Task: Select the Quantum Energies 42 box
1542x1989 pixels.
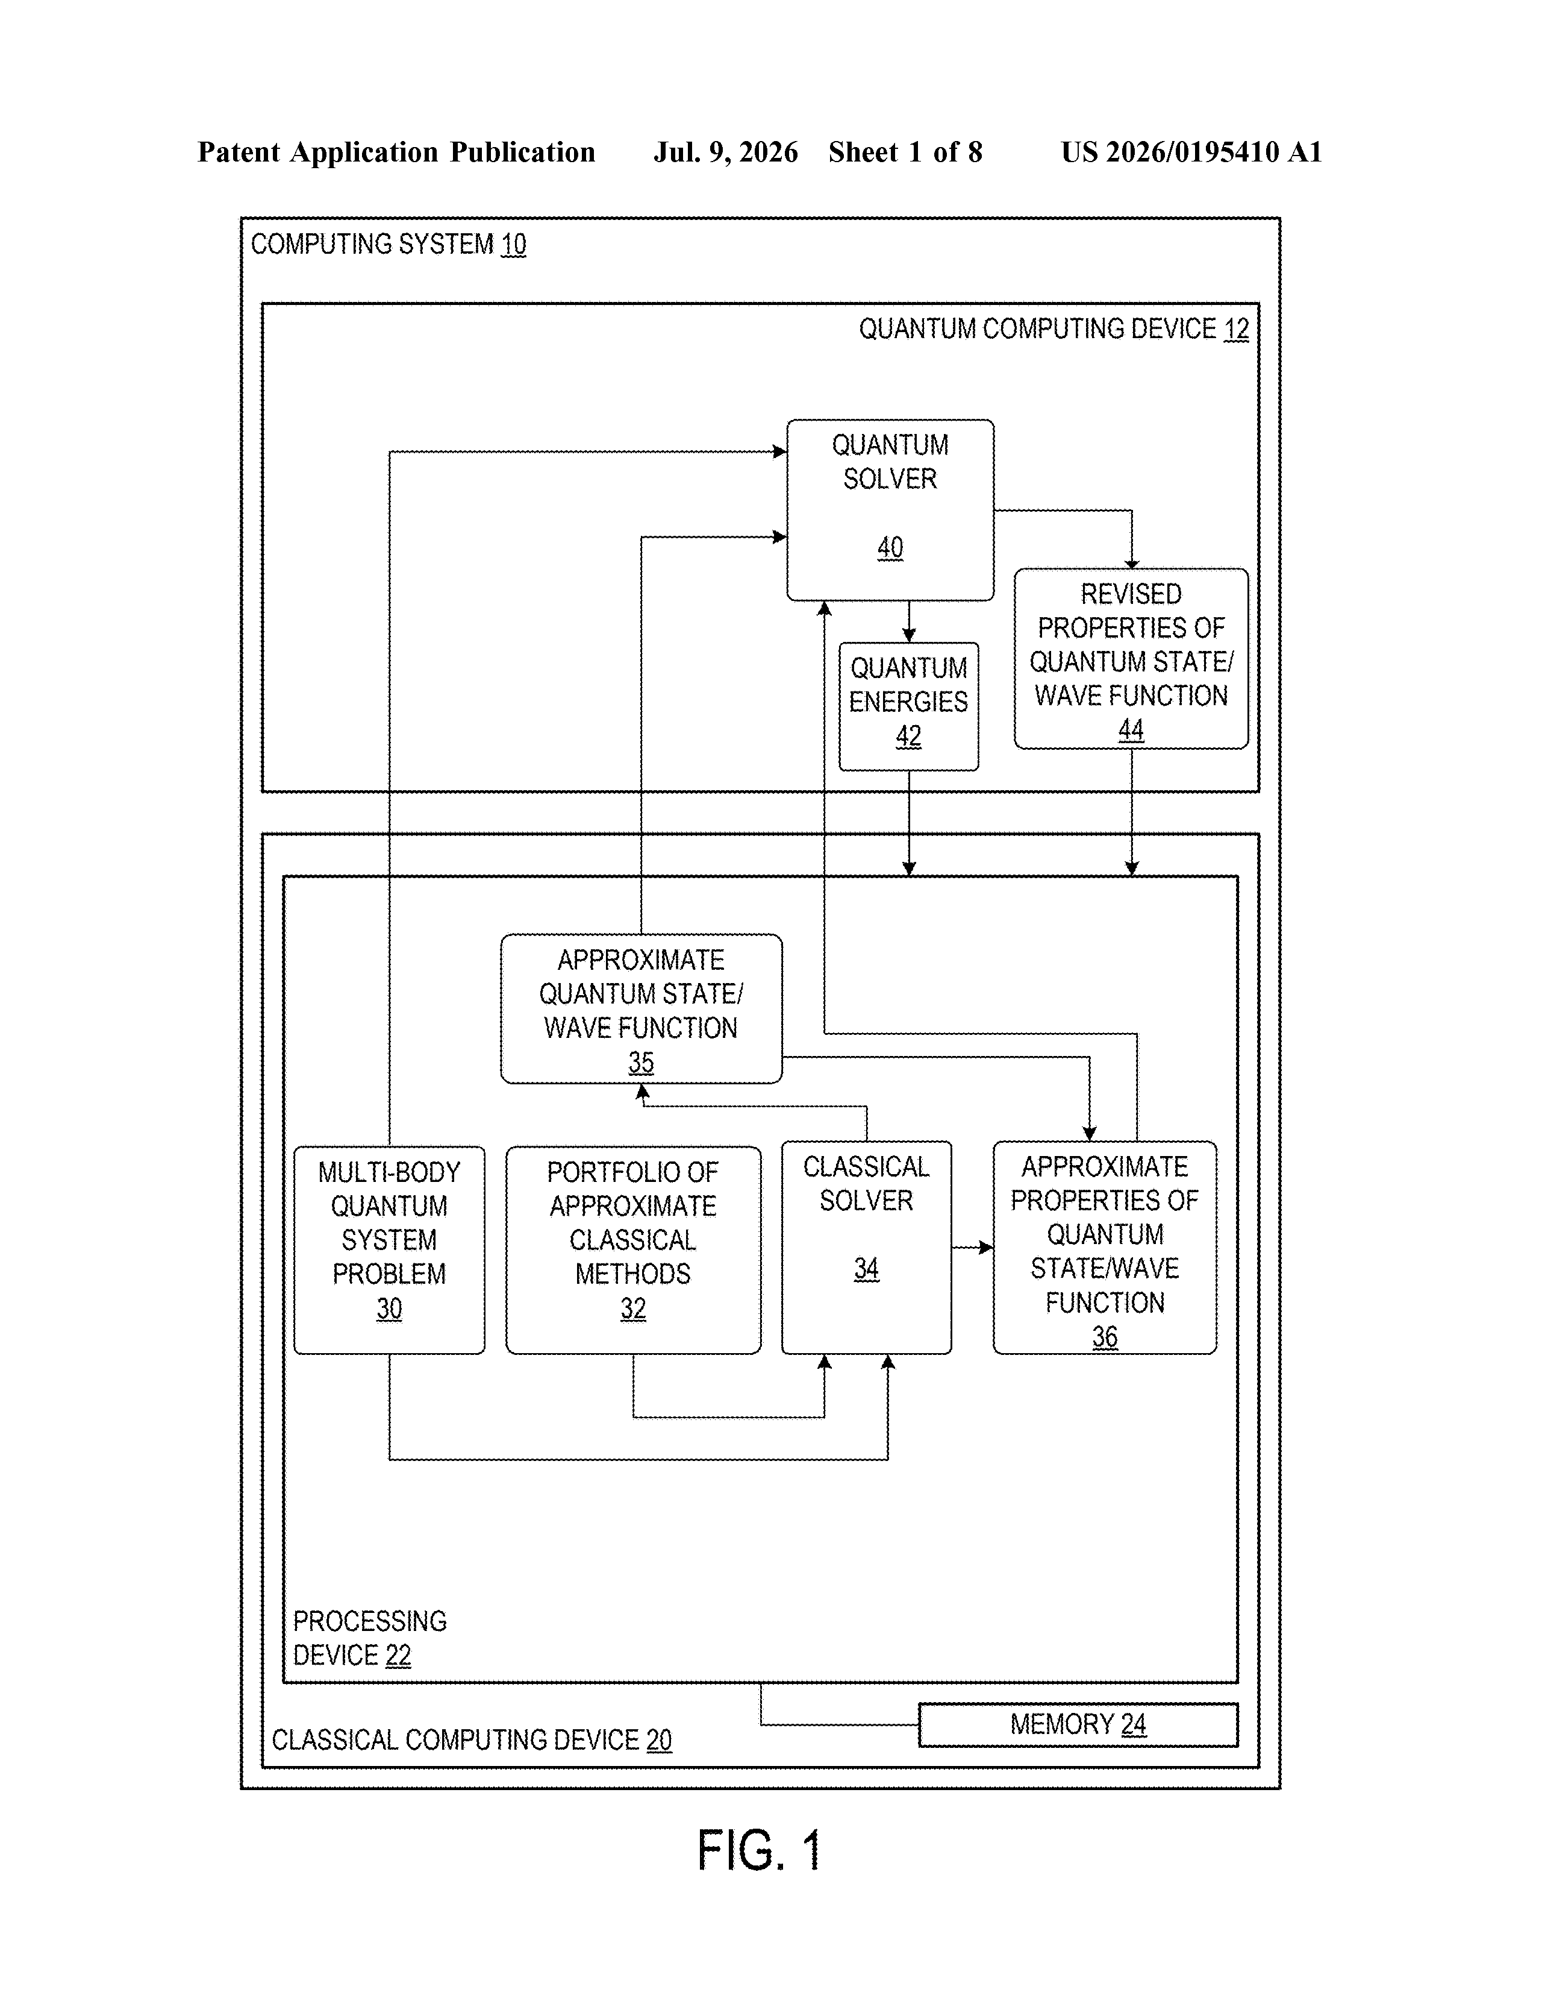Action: click(908, 706)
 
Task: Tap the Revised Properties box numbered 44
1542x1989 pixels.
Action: click(1131, 658)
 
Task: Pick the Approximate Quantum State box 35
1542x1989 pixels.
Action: click(641, 1008)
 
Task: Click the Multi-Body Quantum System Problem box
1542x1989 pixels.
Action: click(389, 1249)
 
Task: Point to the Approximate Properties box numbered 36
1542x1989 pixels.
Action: click(1104, 1247)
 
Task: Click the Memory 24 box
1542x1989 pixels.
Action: click(1078, 1724)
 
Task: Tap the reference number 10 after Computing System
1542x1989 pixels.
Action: click(513, 244)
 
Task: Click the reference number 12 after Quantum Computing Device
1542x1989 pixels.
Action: click(1236, 328)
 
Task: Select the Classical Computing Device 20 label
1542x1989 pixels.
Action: click(472, 1739)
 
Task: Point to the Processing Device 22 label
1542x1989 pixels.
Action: click(370, 1638)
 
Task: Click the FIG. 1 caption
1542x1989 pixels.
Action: click(759, 1850)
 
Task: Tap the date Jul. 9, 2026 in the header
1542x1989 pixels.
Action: click(725, 152)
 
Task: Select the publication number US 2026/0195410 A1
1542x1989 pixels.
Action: click(1191, 152)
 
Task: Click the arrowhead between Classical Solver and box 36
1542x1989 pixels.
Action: click(986, 1247)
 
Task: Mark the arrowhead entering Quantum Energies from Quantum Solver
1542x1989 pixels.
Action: click(908, 635)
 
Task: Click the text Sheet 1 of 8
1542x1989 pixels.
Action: click(905, 152)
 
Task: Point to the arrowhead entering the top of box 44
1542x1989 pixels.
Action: click(1131, 563)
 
